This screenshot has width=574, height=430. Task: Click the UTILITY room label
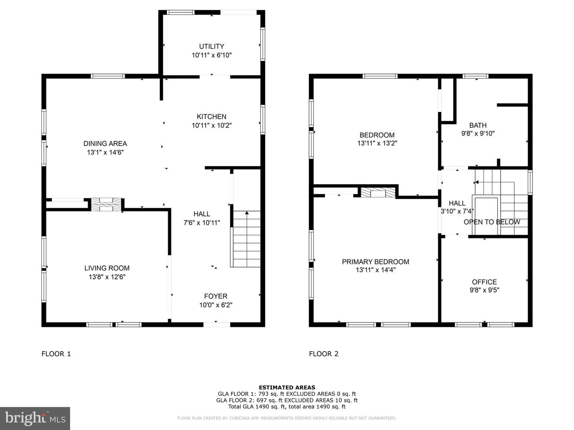pyautogui.click(x=212, y=47)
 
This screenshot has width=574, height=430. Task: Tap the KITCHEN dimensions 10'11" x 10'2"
pyautogui.click(x=212, y=125)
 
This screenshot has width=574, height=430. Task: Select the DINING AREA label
pyautogui.click(x=105, y=144)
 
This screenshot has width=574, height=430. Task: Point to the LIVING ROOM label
pyautogui.click(x=107, y=268)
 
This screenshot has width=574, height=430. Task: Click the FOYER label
pyautogui.click(x=216, y=296)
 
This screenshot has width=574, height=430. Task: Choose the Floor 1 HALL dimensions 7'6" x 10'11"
pyautogui.click(x=202, y=223)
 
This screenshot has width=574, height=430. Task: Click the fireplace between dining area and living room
pyautogui.click(x=106, y=204)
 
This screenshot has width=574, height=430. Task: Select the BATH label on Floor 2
pyautogui.click(x=478, y=125)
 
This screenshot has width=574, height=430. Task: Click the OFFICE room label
pyautogui.click(x=484, y=282)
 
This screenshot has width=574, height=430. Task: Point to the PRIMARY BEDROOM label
pyautogui.click(x=375, y=262)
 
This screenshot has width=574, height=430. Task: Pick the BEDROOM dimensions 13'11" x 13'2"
pyautogui.click(x=377, y=143)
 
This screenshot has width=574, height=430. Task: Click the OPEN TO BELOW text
pyautogui.click(x=491, y=222)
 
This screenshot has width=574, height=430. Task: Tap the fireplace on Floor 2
pyautogui.click(x=378, y=192)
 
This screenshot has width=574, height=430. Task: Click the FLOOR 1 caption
pyautogui.click(x=56, y=354)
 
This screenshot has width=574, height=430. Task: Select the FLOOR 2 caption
pyautogui.click(x=324, y=354)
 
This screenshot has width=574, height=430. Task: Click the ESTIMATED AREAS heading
pyautogui.click(x=287, y=387)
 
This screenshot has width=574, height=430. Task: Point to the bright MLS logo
pyautogui.click(x=35, y=418)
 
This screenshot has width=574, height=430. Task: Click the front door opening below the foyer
pyautogui.click(x=217, y=325)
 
